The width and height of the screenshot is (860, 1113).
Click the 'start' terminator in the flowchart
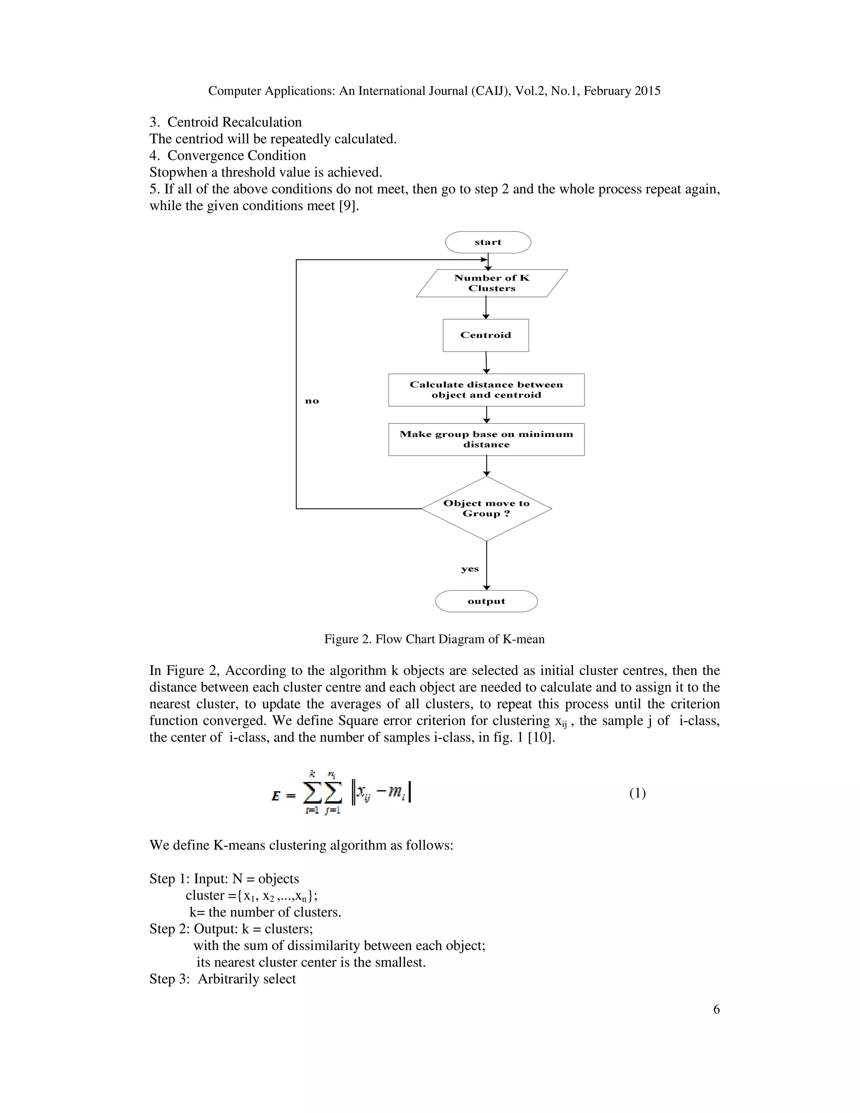tap(488, 242)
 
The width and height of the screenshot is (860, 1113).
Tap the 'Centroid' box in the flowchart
tap(485, 335)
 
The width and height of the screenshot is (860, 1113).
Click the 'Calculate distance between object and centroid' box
tap(486, 390)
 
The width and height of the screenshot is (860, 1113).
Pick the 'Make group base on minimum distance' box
tap(486, 439)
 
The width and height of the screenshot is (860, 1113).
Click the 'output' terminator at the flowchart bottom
tap(486, 601)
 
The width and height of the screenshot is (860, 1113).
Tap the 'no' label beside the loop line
tap(312, 401)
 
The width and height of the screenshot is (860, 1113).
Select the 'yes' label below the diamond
tap(470, 569)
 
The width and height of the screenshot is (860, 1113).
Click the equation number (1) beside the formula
tap(637, 793)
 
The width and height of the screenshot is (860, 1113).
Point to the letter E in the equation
tap(275, 795)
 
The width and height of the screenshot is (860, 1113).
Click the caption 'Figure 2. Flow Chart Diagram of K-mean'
tap(434, 639)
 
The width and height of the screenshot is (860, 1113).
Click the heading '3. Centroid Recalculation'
tap(225, 122)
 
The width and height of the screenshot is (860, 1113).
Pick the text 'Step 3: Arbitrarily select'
tap(223, 979)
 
